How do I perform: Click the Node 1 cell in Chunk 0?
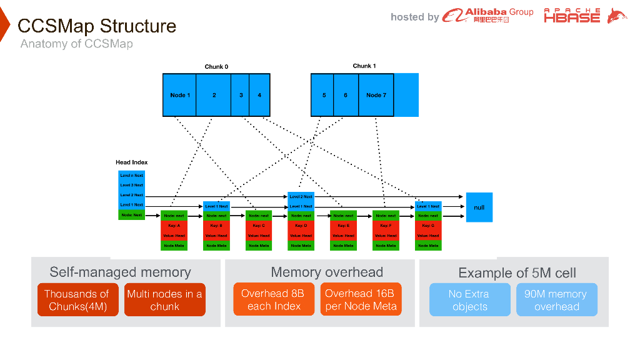(x=179, y=95)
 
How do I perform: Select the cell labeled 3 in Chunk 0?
(x=241, y=95)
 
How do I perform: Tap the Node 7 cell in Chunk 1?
(x=376, y=95)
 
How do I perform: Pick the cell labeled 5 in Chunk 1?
(x=323, y=95)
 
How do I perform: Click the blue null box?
(x=479, y=207)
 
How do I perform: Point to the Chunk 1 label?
(x=364, y=66)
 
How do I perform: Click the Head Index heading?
(x=132, y=162)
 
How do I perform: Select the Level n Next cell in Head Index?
(x=132, y=176)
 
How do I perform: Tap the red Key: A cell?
(x=174, y=226)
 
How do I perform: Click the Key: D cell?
(x=301, y=226)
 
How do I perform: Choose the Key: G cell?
(x=428, y=226)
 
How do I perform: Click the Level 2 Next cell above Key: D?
(x=301, y=196)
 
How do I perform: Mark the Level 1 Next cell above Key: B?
(x=216, y=206)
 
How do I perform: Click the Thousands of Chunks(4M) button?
(x=77, y=300)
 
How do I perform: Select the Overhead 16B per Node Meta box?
(x=361, y=299)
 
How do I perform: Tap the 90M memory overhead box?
(x=556, y=300)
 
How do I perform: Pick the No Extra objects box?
(x=469, y=300)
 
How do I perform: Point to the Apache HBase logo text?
(x=572, y=16)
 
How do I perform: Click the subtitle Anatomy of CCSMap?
(x=76, y=44)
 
